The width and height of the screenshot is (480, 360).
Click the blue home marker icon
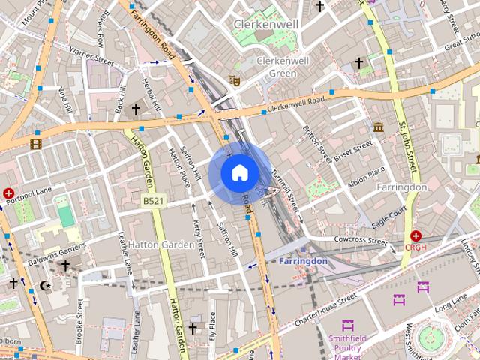click(x=239, y=172)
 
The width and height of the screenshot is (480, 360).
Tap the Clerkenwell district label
click(x=266, y=24)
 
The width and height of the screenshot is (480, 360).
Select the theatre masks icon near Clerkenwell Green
click(x=234, y=78)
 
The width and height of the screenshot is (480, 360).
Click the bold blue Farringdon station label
click(x=303, y=261)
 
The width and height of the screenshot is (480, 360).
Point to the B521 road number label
click(x=152, y=201)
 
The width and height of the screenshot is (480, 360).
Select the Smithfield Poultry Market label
click(x=347, y=346)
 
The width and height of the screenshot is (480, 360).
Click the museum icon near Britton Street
click(x=378, y=127)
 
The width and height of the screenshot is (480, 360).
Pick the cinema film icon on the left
click(x=35, y=142)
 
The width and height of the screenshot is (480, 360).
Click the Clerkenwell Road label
click(x=296, y=103)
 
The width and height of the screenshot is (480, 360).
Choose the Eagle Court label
click(x=388, y=214)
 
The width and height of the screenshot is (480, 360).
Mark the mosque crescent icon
click(x=46, y=285)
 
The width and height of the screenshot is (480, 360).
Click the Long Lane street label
click(x=451, y=303)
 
